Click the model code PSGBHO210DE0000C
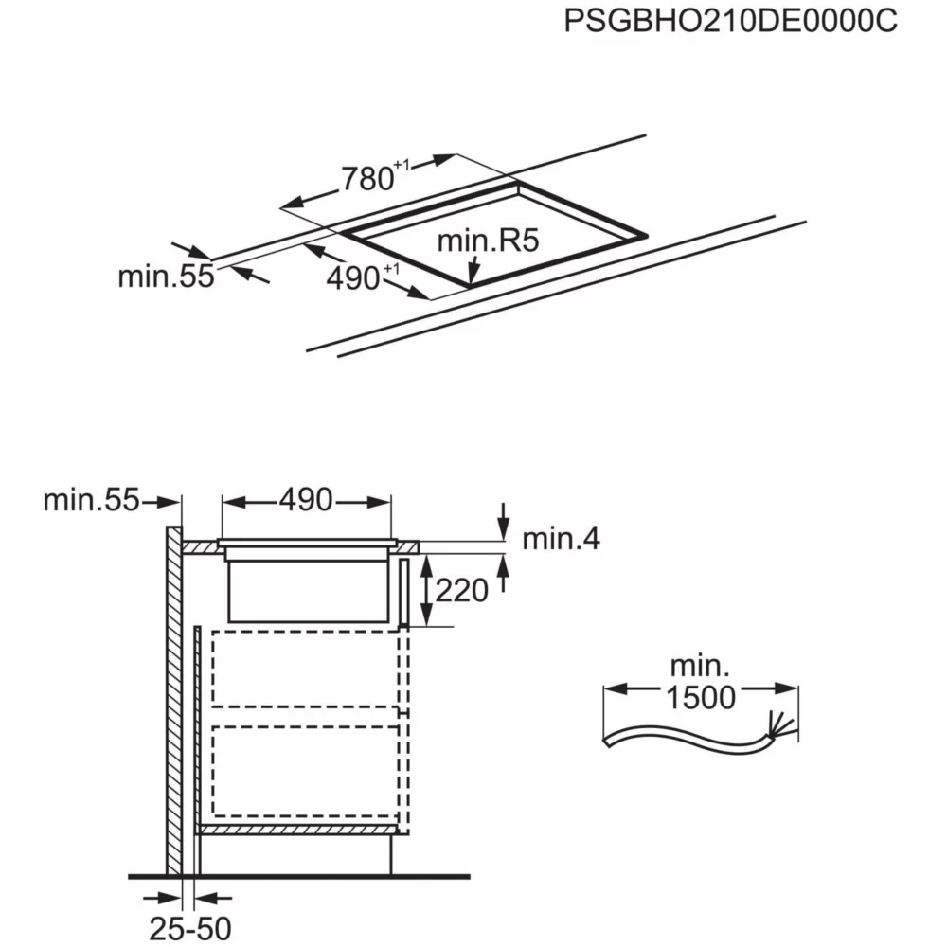[729, 22]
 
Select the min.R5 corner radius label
[487, 241]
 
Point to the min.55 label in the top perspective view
[166, 277]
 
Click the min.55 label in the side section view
[91, 500]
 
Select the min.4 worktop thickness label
[561, 539]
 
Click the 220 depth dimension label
[461, 591]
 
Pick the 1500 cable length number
[700, 697]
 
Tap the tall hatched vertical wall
[173, 701]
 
